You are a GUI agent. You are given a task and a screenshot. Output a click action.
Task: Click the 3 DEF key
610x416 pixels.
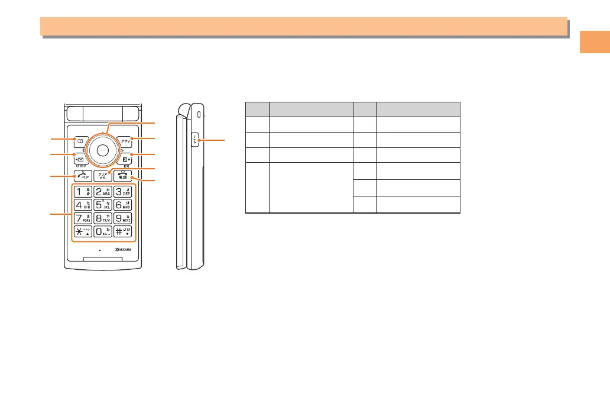123,192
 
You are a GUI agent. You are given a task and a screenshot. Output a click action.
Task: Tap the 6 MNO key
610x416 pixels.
123,205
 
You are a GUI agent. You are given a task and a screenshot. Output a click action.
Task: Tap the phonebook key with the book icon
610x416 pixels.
77,141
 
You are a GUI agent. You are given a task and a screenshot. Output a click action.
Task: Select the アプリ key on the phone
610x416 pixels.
125,141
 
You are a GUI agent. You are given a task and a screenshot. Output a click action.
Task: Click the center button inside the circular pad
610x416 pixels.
102,150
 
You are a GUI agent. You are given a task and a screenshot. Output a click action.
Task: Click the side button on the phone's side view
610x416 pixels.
195,141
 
